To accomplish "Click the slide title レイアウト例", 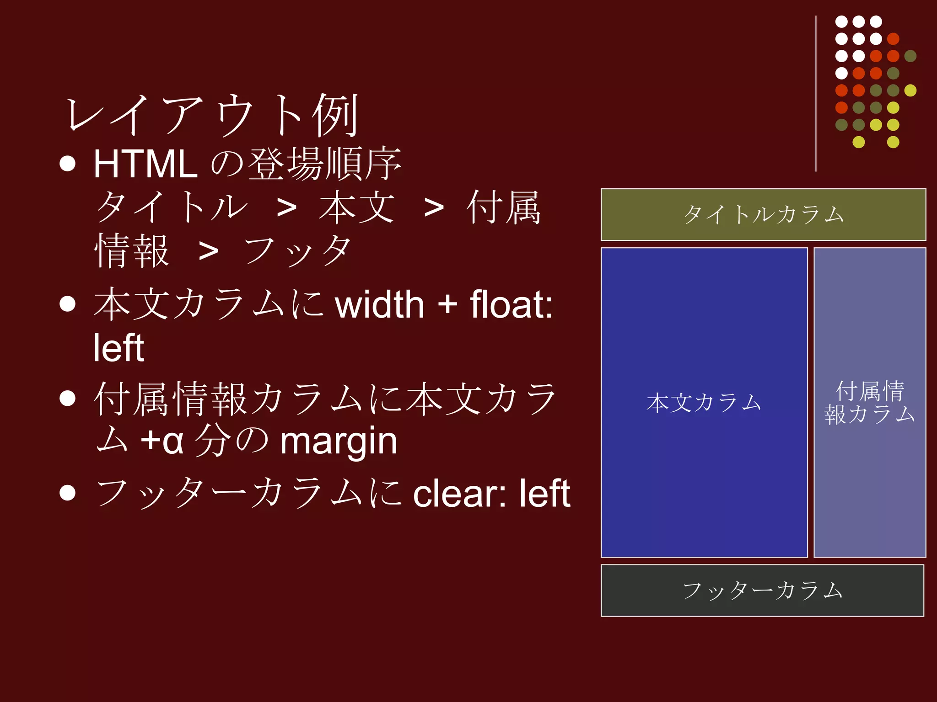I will point(213,115).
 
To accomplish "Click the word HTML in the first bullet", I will point(145,164).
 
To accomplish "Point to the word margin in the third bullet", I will point(339,441).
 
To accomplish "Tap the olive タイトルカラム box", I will point(763,214).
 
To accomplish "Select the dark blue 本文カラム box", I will point(704,403).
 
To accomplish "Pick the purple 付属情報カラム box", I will point(869,403).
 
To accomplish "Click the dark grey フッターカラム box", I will point(762,590).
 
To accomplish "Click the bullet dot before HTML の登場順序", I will point(68,164).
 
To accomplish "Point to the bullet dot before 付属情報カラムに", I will point(68,398).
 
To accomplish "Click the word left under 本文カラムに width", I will point(118,348).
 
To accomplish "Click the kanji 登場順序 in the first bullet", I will point(325,164).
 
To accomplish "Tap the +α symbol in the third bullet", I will point(162,441).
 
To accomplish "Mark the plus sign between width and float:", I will point(447,305).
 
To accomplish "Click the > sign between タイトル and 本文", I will point(287,208).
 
